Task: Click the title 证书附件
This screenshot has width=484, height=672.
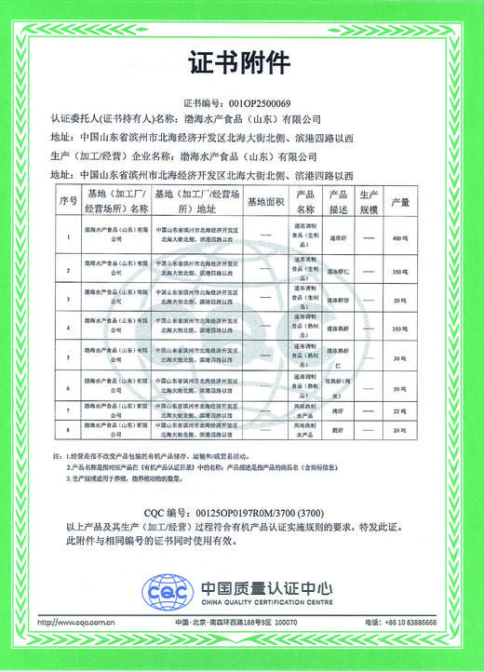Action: [241, 64]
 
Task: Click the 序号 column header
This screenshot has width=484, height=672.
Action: [67, 200]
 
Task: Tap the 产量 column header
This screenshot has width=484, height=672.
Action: [401, 200]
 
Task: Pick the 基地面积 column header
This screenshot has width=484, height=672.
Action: [267, 200]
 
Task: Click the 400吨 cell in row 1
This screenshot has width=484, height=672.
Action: [401, 239]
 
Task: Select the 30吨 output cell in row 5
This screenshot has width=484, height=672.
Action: [401, 358]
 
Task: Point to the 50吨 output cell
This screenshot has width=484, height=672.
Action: [401, 386]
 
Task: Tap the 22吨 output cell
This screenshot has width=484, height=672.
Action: [401, 411]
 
